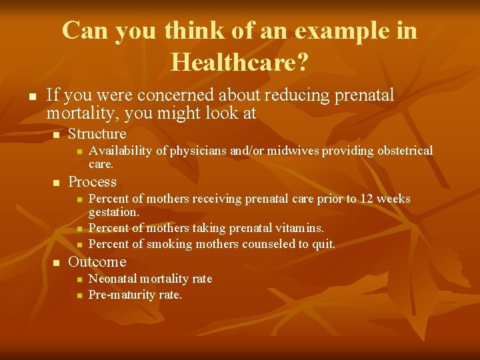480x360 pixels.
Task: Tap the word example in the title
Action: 313,31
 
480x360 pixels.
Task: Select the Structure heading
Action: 97,133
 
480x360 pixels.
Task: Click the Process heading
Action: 93,181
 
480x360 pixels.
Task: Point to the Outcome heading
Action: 97,261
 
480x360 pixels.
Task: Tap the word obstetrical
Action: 399,151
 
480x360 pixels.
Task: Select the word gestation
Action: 113,212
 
